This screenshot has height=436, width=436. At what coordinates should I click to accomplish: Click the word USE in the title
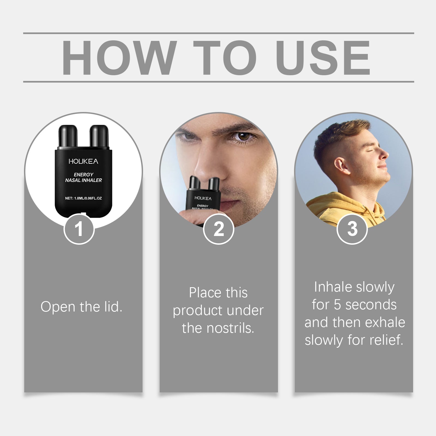click(x=323, y=58)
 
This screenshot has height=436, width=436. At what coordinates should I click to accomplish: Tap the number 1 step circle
click(x=79, y=229)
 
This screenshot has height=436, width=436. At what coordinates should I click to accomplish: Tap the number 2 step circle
click(x=219, y=229)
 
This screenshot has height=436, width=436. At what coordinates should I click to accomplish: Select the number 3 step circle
click(x=352, y=229)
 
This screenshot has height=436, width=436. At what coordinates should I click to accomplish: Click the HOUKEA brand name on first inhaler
click(x=83, y=161)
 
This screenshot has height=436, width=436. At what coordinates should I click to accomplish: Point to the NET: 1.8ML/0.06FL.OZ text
click(x=83, y=198)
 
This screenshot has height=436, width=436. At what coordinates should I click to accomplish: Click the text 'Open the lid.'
click(x=81, y=307)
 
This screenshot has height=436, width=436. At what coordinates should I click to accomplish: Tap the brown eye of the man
click(x=243, y=136)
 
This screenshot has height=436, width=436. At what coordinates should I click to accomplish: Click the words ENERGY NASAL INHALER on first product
click(x=83, y=177)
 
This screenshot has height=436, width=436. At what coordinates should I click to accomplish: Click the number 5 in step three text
click(x=337, y=305)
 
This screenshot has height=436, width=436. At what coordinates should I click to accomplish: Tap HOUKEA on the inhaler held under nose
click(x=203, y=198)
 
